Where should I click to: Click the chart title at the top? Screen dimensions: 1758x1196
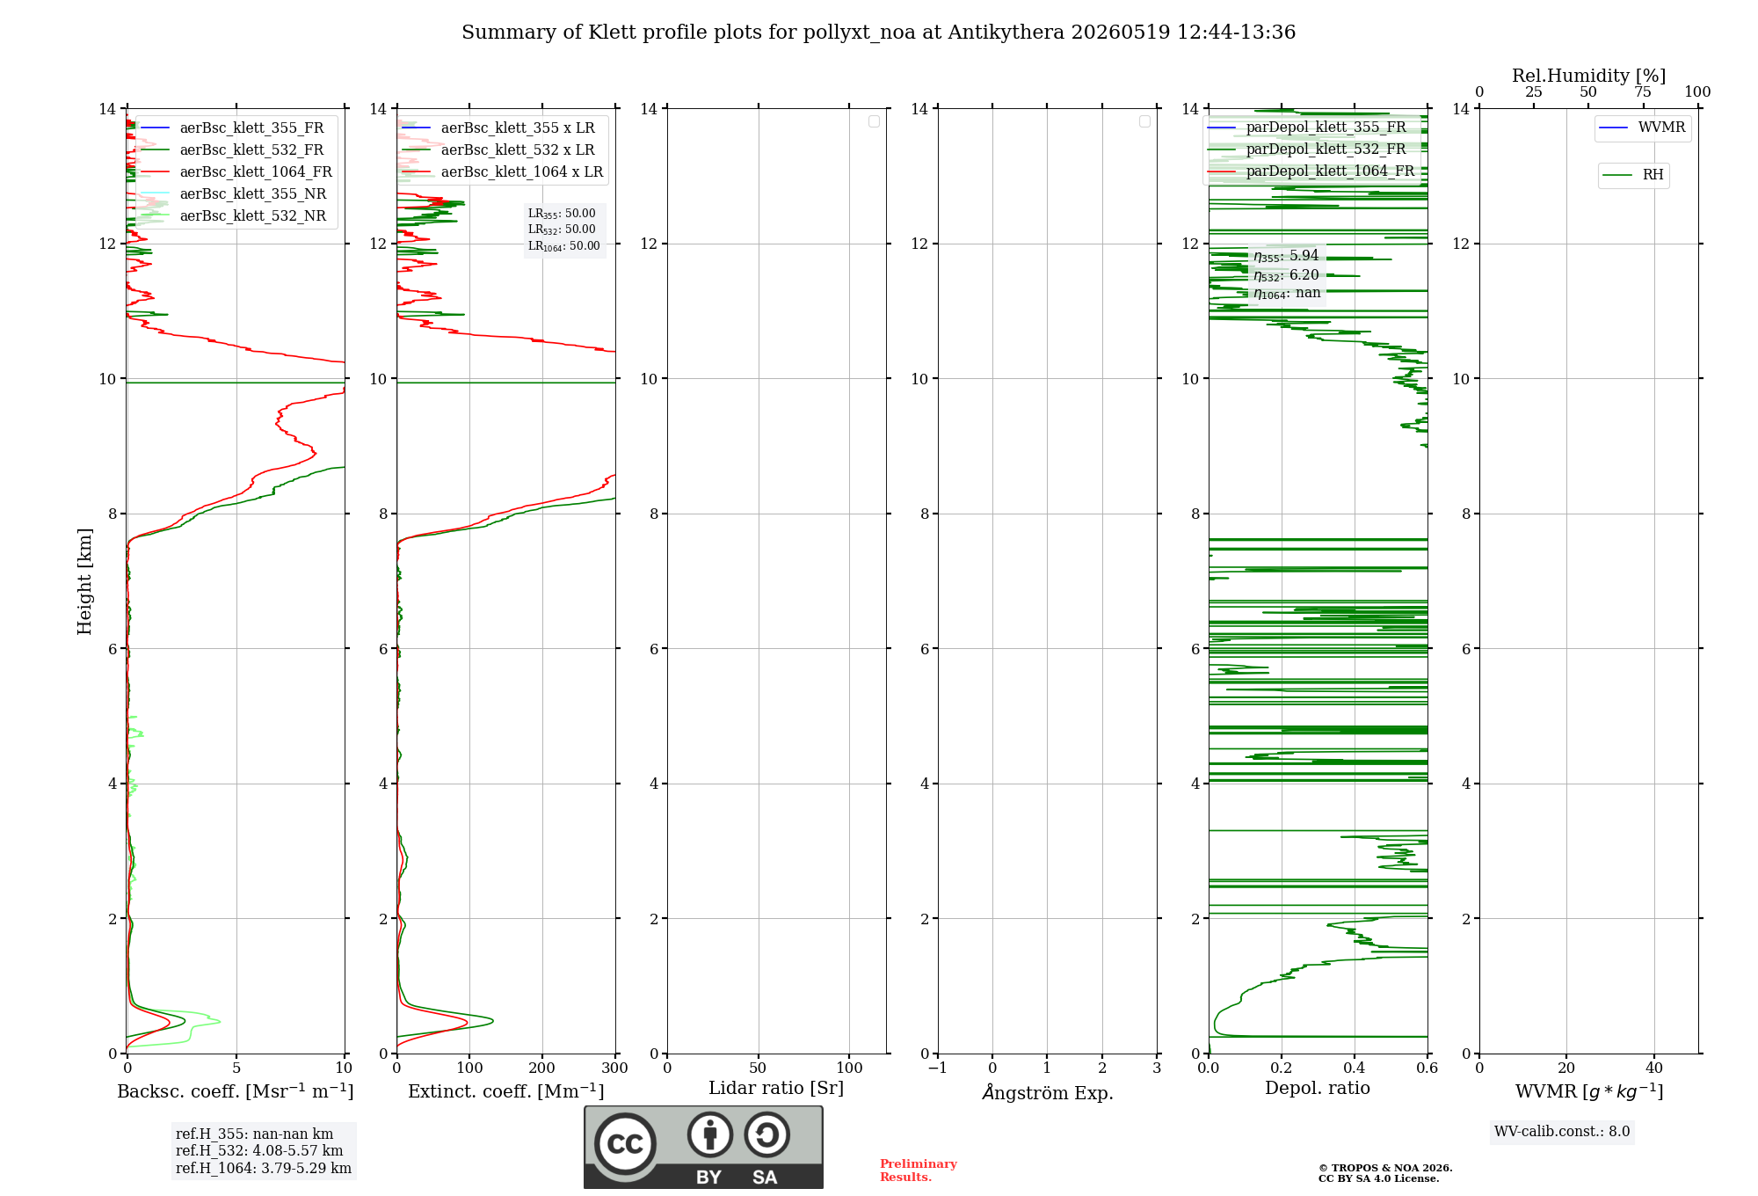point(878,33)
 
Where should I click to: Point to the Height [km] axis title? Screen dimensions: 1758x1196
point(84,580)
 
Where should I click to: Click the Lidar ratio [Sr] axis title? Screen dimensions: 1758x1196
point(776,1088)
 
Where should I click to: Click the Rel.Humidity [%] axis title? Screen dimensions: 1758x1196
point(1588,76)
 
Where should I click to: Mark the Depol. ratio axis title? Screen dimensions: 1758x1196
point(1318,1088)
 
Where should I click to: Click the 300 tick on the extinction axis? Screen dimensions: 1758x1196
point(615,1068)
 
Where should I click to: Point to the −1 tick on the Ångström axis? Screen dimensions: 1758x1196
point(938,1068)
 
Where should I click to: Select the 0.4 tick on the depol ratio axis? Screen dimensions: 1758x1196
point(1355,1068)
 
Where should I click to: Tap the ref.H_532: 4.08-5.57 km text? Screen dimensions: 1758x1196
point(259,1151)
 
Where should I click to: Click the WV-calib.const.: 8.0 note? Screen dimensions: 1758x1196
point(1562,1132)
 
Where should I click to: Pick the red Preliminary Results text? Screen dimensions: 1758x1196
point(919,1170)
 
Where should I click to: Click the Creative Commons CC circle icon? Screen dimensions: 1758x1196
point(625,1144)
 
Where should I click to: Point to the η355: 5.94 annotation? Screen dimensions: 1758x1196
point(1286,256)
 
